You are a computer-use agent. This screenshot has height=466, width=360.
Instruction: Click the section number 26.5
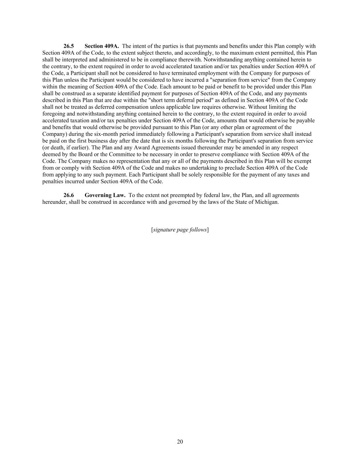[x=69, y=46]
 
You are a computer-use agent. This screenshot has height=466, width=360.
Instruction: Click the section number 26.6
[x=69, y=195]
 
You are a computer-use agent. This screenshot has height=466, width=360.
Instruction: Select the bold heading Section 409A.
[x=102, y=46]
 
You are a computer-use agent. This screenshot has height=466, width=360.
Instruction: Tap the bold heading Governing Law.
[x=105, y=195]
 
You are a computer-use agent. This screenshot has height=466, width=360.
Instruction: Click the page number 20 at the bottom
[x=180, y=442]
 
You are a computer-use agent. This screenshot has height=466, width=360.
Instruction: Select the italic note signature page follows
[x=180, y=230]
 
